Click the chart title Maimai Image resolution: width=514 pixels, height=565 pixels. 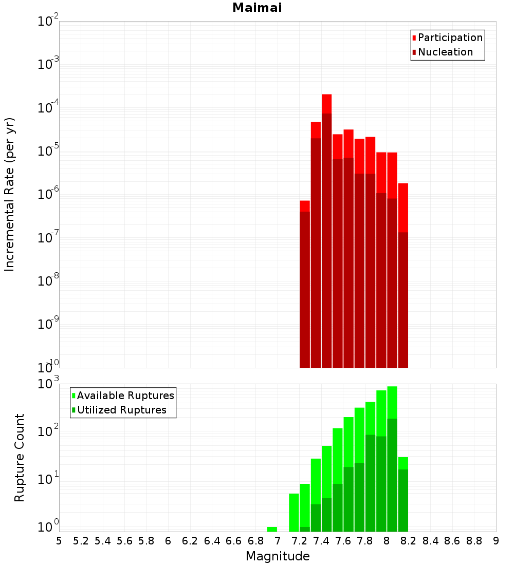[x=257, y=8]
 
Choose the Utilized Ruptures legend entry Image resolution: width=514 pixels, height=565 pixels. [x=121, y=410]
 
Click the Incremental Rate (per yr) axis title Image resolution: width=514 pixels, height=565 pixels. [x=10, y=194]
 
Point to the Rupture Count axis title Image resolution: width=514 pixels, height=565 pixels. [x=20, y=457]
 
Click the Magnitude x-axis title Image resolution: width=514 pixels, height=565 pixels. [x=278, y=556]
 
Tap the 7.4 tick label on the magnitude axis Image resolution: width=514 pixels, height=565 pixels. [x=321, y=541]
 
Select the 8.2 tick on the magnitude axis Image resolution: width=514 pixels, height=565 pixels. [x=409, y=541]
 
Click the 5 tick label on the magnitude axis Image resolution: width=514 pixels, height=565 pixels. [x=59, y=541]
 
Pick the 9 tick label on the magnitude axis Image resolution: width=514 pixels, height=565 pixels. [x=496, y=541]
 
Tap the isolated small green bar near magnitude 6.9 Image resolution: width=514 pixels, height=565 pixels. [x=272, y=529]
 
